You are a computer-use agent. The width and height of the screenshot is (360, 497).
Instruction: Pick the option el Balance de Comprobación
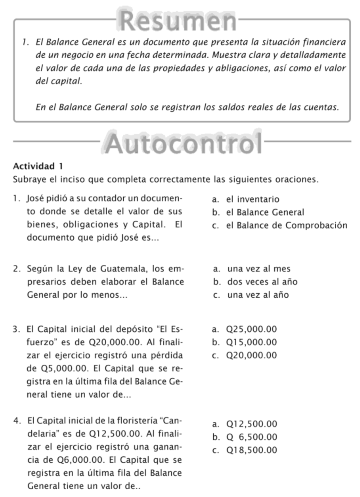coord(287,226)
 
